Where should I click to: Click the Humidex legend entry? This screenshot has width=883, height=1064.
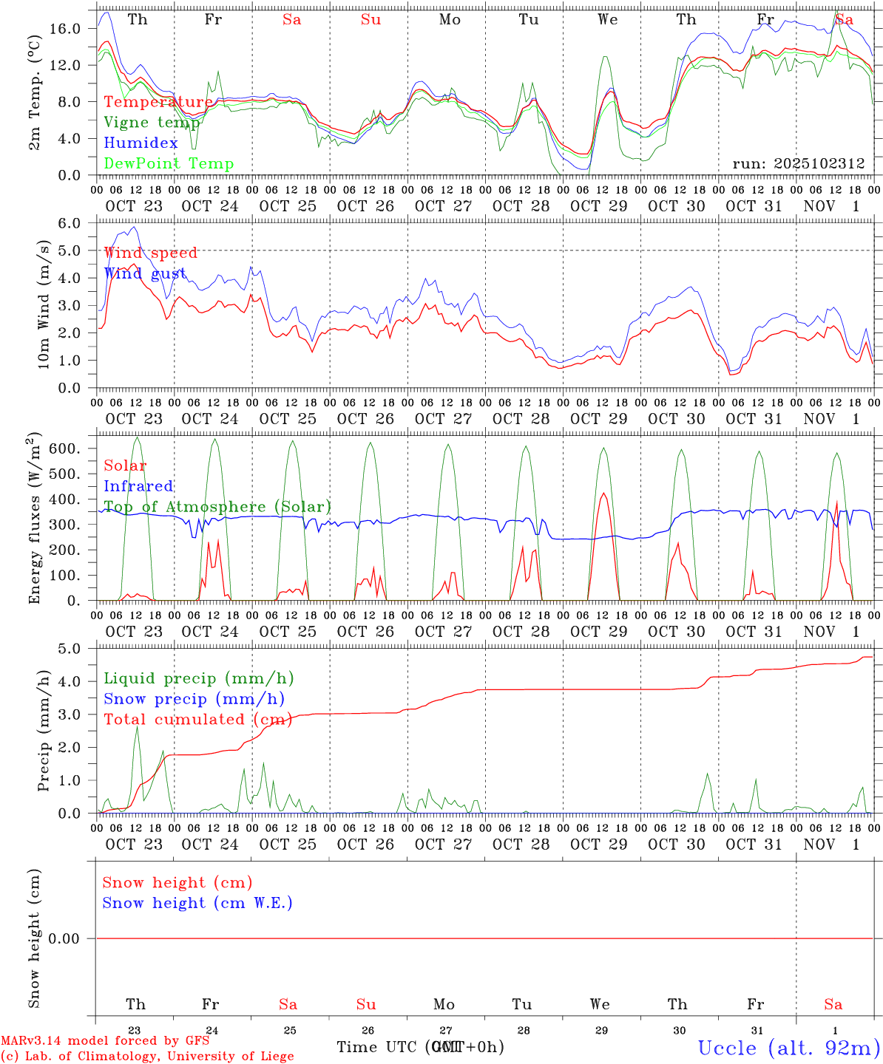[x=141, y=143]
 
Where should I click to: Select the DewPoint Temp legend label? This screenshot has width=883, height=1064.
[x=169, y=164]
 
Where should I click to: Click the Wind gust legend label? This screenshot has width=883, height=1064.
[x=145, y=273]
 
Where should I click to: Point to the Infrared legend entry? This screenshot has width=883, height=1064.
[x=138, y=486]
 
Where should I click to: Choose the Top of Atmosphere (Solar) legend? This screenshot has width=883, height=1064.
[x=217, y=507]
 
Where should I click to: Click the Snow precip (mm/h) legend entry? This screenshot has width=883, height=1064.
[x=194, y=699]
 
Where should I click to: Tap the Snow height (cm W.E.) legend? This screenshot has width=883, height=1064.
[x=197, y=903]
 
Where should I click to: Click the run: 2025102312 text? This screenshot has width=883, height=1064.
[x=798, y=164]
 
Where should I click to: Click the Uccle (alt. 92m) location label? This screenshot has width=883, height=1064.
[x=788, y=1048]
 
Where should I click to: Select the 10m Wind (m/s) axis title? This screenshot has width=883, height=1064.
[x=44, y=304]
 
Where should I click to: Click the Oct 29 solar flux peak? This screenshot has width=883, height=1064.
[x=604, y=493]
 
